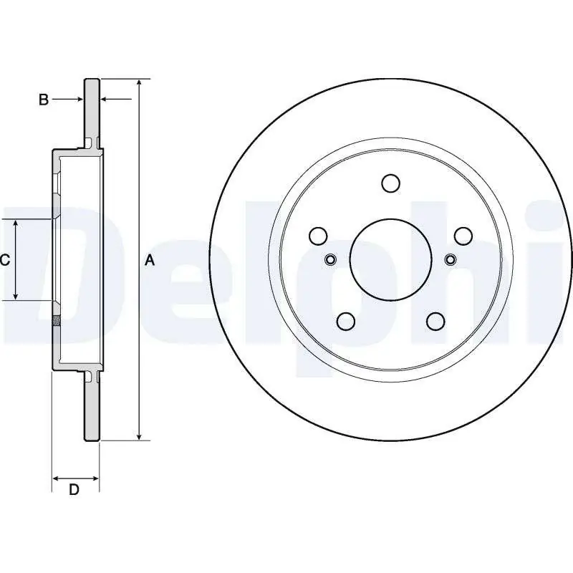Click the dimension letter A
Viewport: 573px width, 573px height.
[x=150, y=261]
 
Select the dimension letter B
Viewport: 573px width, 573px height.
[x=44, y=100]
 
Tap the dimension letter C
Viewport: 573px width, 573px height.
[x=5, y=260]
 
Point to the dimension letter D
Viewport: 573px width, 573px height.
[x=74, y=489]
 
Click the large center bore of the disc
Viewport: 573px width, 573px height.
[x=390, y=260]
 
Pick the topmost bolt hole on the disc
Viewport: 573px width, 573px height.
[x=390, y=183]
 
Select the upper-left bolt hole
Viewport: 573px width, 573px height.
[x=318, y=236]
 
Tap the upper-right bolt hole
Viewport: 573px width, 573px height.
[x=463, y=236]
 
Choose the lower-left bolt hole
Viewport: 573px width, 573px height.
[x=346, y=321]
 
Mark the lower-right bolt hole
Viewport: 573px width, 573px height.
[x=435, y=321]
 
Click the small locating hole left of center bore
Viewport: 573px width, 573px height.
[x=331, y=260]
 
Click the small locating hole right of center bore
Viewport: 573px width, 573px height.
[x=451, y=260]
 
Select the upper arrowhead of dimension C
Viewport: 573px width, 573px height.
[x=16, y=224]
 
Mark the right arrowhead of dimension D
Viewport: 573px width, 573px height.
[x=95, y=478]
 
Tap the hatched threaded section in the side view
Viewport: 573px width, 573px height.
[x=57, y=320]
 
